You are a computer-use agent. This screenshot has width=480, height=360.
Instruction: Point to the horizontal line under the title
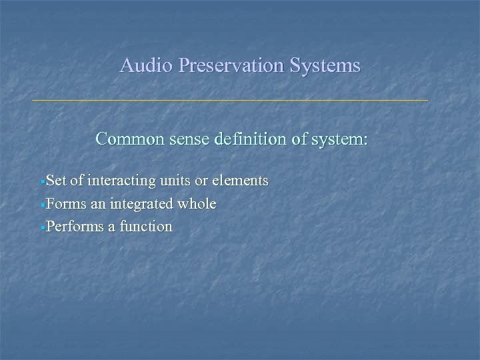point(230,101)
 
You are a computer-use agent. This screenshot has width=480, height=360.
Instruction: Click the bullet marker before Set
point(43,181)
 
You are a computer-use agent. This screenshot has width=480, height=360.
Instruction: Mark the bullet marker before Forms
point(43,205)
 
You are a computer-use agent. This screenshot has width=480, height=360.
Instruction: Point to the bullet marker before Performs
point(43,228)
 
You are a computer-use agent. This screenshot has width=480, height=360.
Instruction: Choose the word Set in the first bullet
point(57,181)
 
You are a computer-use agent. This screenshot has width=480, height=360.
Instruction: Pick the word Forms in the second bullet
point(63,203)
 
